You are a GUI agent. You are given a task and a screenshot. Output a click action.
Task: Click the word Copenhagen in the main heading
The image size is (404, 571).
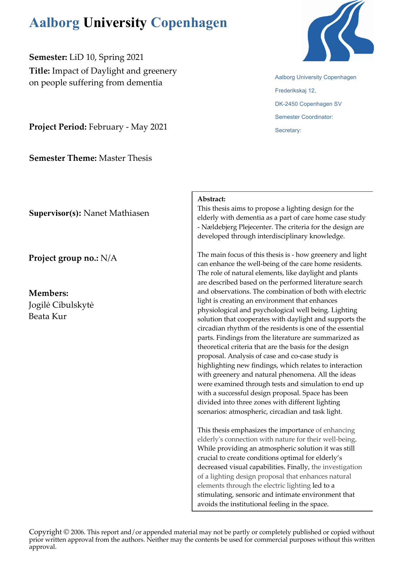click(x=189, y=23)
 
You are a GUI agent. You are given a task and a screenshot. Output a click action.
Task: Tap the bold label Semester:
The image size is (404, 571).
click(x=48, y=57)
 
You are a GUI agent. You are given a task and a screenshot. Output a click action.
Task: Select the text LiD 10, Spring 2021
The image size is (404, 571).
click(x=106, y=57)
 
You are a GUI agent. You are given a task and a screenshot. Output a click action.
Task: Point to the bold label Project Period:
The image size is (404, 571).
click(x=58, y=127)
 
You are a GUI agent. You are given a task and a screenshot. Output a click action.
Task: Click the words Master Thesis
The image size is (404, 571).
click(x=125, y=158)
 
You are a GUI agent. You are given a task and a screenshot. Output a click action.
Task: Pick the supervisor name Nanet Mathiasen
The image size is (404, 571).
click(x=116, y=213)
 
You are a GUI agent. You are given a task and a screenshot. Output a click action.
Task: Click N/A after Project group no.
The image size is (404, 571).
click(x=109, y=258)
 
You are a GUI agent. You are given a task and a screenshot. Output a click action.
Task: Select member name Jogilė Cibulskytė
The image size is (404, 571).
click(x=61, y=305)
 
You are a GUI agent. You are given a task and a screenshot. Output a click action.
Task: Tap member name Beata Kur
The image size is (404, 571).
click(x=48, y=316)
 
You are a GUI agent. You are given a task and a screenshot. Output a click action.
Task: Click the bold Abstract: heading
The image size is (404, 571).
click(x=212, y=199)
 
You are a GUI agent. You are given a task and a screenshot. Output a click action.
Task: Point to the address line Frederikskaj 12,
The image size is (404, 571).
click(x=295, y=91)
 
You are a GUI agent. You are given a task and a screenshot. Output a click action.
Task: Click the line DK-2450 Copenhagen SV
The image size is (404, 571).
click(x=308, y=104)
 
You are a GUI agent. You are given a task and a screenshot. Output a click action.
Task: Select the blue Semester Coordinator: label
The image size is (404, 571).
click(x=304, y=117)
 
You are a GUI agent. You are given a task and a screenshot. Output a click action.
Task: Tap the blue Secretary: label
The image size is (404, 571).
click(x=288, y=130)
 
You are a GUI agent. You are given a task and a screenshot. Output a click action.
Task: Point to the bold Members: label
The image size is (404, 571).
click(x=49, y=293)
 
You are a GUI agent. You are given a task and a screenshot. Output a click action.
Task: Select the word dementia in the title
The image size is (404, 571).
click(x=144, y=83)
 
